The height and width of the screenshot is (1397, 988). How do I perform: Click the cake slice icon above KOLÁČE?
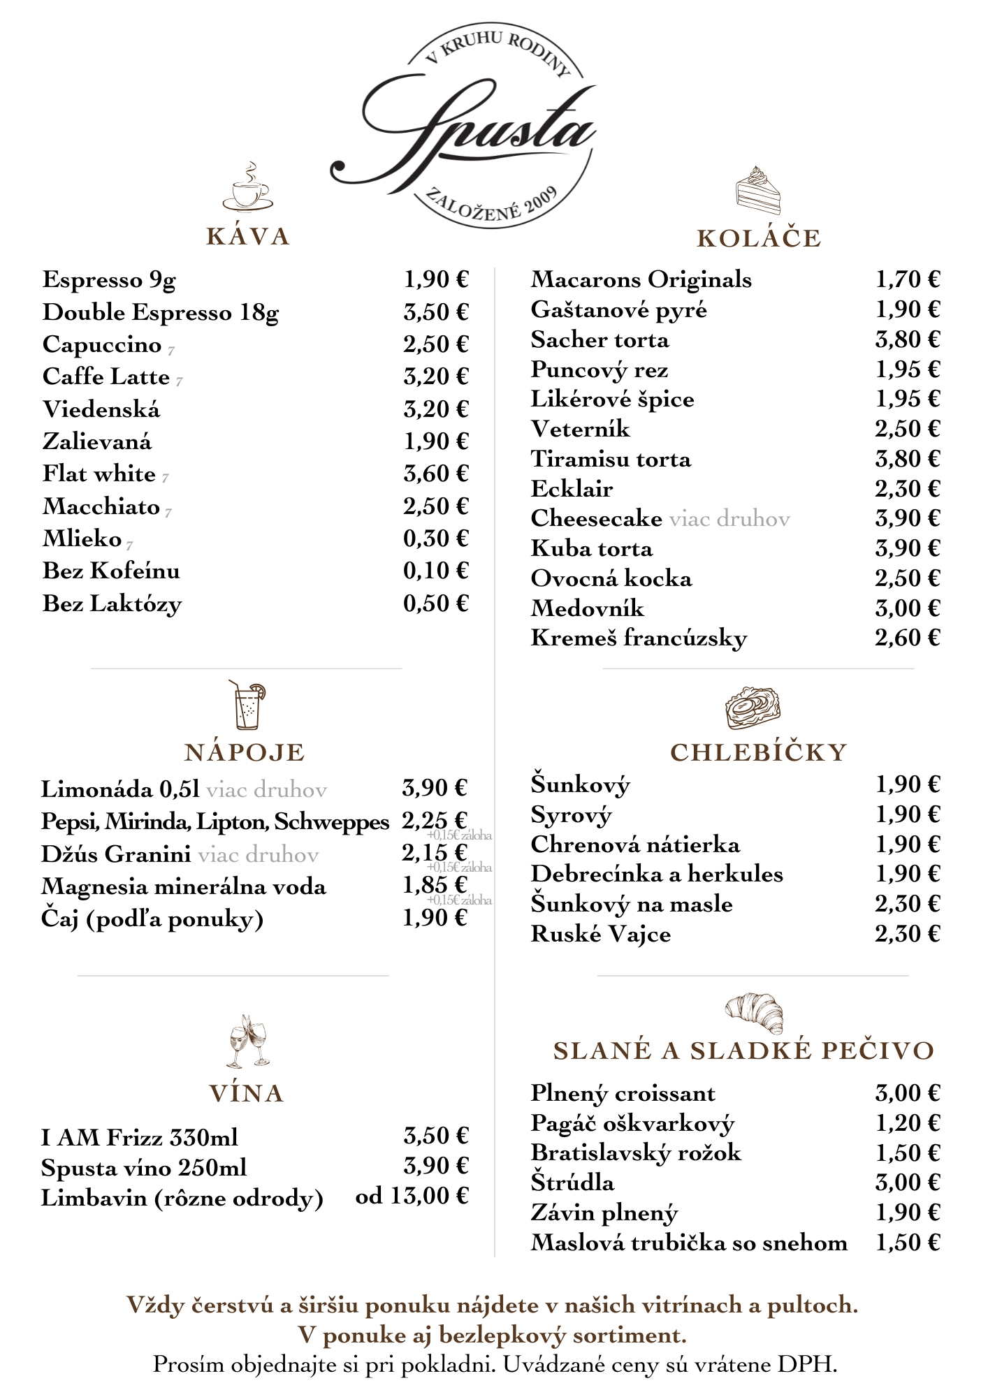(757, 190)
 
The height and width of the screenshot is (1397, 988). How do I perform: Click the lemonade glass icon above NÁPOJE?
(247, 705)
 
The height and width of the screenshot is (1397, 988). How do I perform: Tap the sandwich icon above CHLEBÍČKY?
(753, 708)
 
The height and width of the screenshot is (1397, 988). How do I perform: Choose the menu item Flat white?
(99, 474)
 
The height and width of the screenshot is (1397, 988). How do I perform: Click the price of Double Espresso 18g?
(435, 312)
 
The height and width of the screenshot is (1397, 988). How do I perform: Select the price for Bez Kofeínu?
(435, 571)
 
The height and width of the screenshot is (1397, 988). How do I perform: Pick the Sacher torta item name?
(600, 340)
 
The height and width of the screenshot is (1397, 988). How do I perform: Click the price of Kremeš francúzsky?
(907, 638)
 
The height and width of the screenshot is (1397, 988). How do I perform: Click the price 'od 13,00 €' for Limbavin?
(412, 1197)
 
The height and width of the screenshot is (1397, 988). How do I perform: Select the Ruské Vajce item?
(601, 934)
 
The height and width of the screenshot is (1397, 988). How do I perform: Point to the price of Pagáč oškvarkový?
(907, 1123)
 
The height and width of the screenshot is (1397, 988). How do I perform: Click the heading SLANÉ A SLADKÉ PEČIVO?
(743, 1051)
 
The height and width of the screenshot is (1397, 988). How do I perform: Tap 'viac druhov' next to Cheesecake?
(729, 518)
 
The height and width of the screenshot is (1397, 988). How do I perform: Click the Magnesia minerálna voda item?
(184, 887)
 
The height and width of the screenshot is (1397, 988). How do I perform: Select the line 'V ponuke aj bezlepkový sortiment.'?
(493, 1336)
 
